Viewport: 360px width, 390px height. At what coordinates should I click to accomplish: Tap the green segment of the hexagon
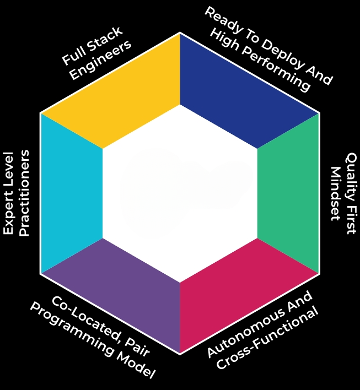pos(288,193)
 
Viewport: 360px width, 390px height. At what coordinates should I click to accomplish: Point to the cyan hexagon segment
pos(72,193)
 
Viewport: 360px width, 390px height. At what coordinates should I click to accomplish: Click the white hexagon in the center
pos(180,193)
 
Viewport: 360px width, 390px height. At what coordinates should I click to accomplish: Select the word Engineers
pos(100,59)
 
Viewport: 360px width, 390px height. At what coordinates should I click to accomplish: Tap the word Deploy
pos(283,57)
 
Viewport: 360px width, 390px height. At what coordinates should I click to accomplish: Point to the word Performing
pos(276,69)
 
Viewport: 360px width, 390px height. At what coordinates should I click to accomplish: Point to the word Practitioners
pos(24,193)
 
